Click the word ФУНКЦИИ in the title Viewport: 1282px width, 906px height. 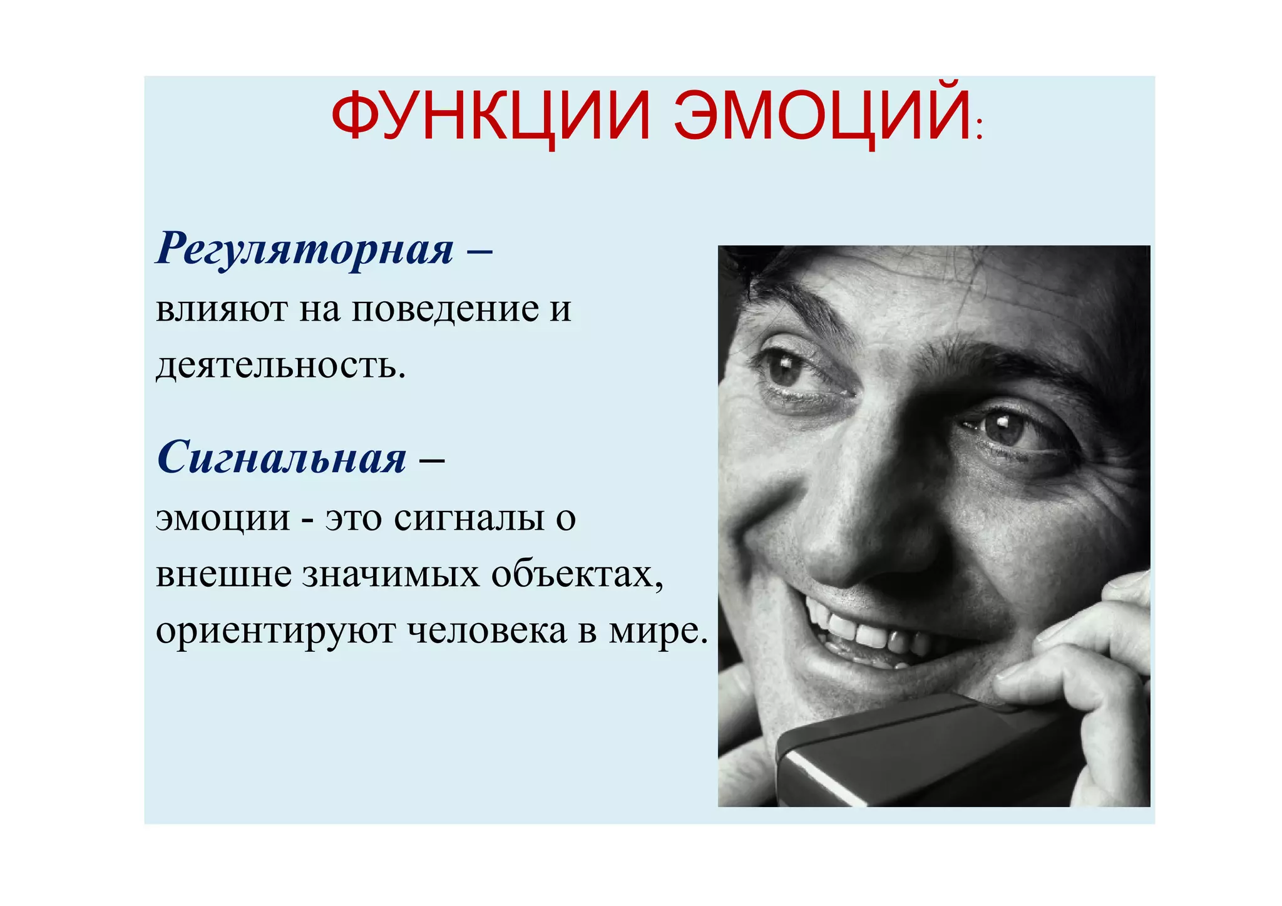coord(491,116)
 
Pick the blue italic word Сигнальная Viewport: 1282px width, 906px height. coord(282,458)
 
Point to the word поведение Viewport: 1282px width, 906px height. coord(445,309)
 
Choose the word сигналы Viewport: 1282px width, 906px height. coord(469,518)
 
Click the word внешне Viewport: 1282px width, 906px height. coord(223,574)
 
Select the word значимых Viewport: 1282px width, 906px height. coord(391,574)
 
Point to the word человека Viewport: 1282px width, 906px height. coord(487,631)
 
